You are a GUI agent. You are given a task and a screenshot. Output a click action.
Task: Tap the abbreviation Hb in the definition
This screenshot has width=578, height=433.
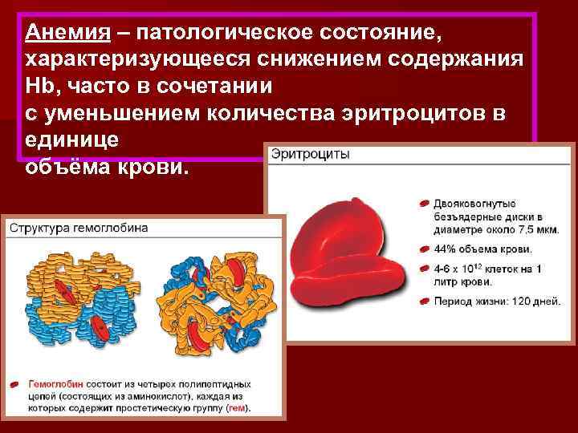41,87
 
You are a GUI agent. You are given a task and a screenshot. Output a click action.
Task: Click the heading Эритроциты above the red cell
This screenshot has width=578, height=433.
310,154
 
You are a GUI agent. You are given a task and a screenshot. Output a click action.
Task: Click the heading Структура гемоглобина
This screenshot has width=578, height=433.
79,228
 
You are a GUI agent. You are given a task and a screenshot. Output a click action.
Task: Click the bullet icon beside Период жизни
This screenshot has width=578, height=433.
424,302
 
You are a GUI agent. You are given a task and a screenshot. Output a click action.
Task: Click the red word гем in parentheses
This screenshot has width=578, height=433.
238,407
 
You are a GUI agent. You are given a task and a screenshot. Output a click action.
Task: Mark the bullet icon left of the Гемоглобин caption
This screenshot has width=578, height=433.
17,385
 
